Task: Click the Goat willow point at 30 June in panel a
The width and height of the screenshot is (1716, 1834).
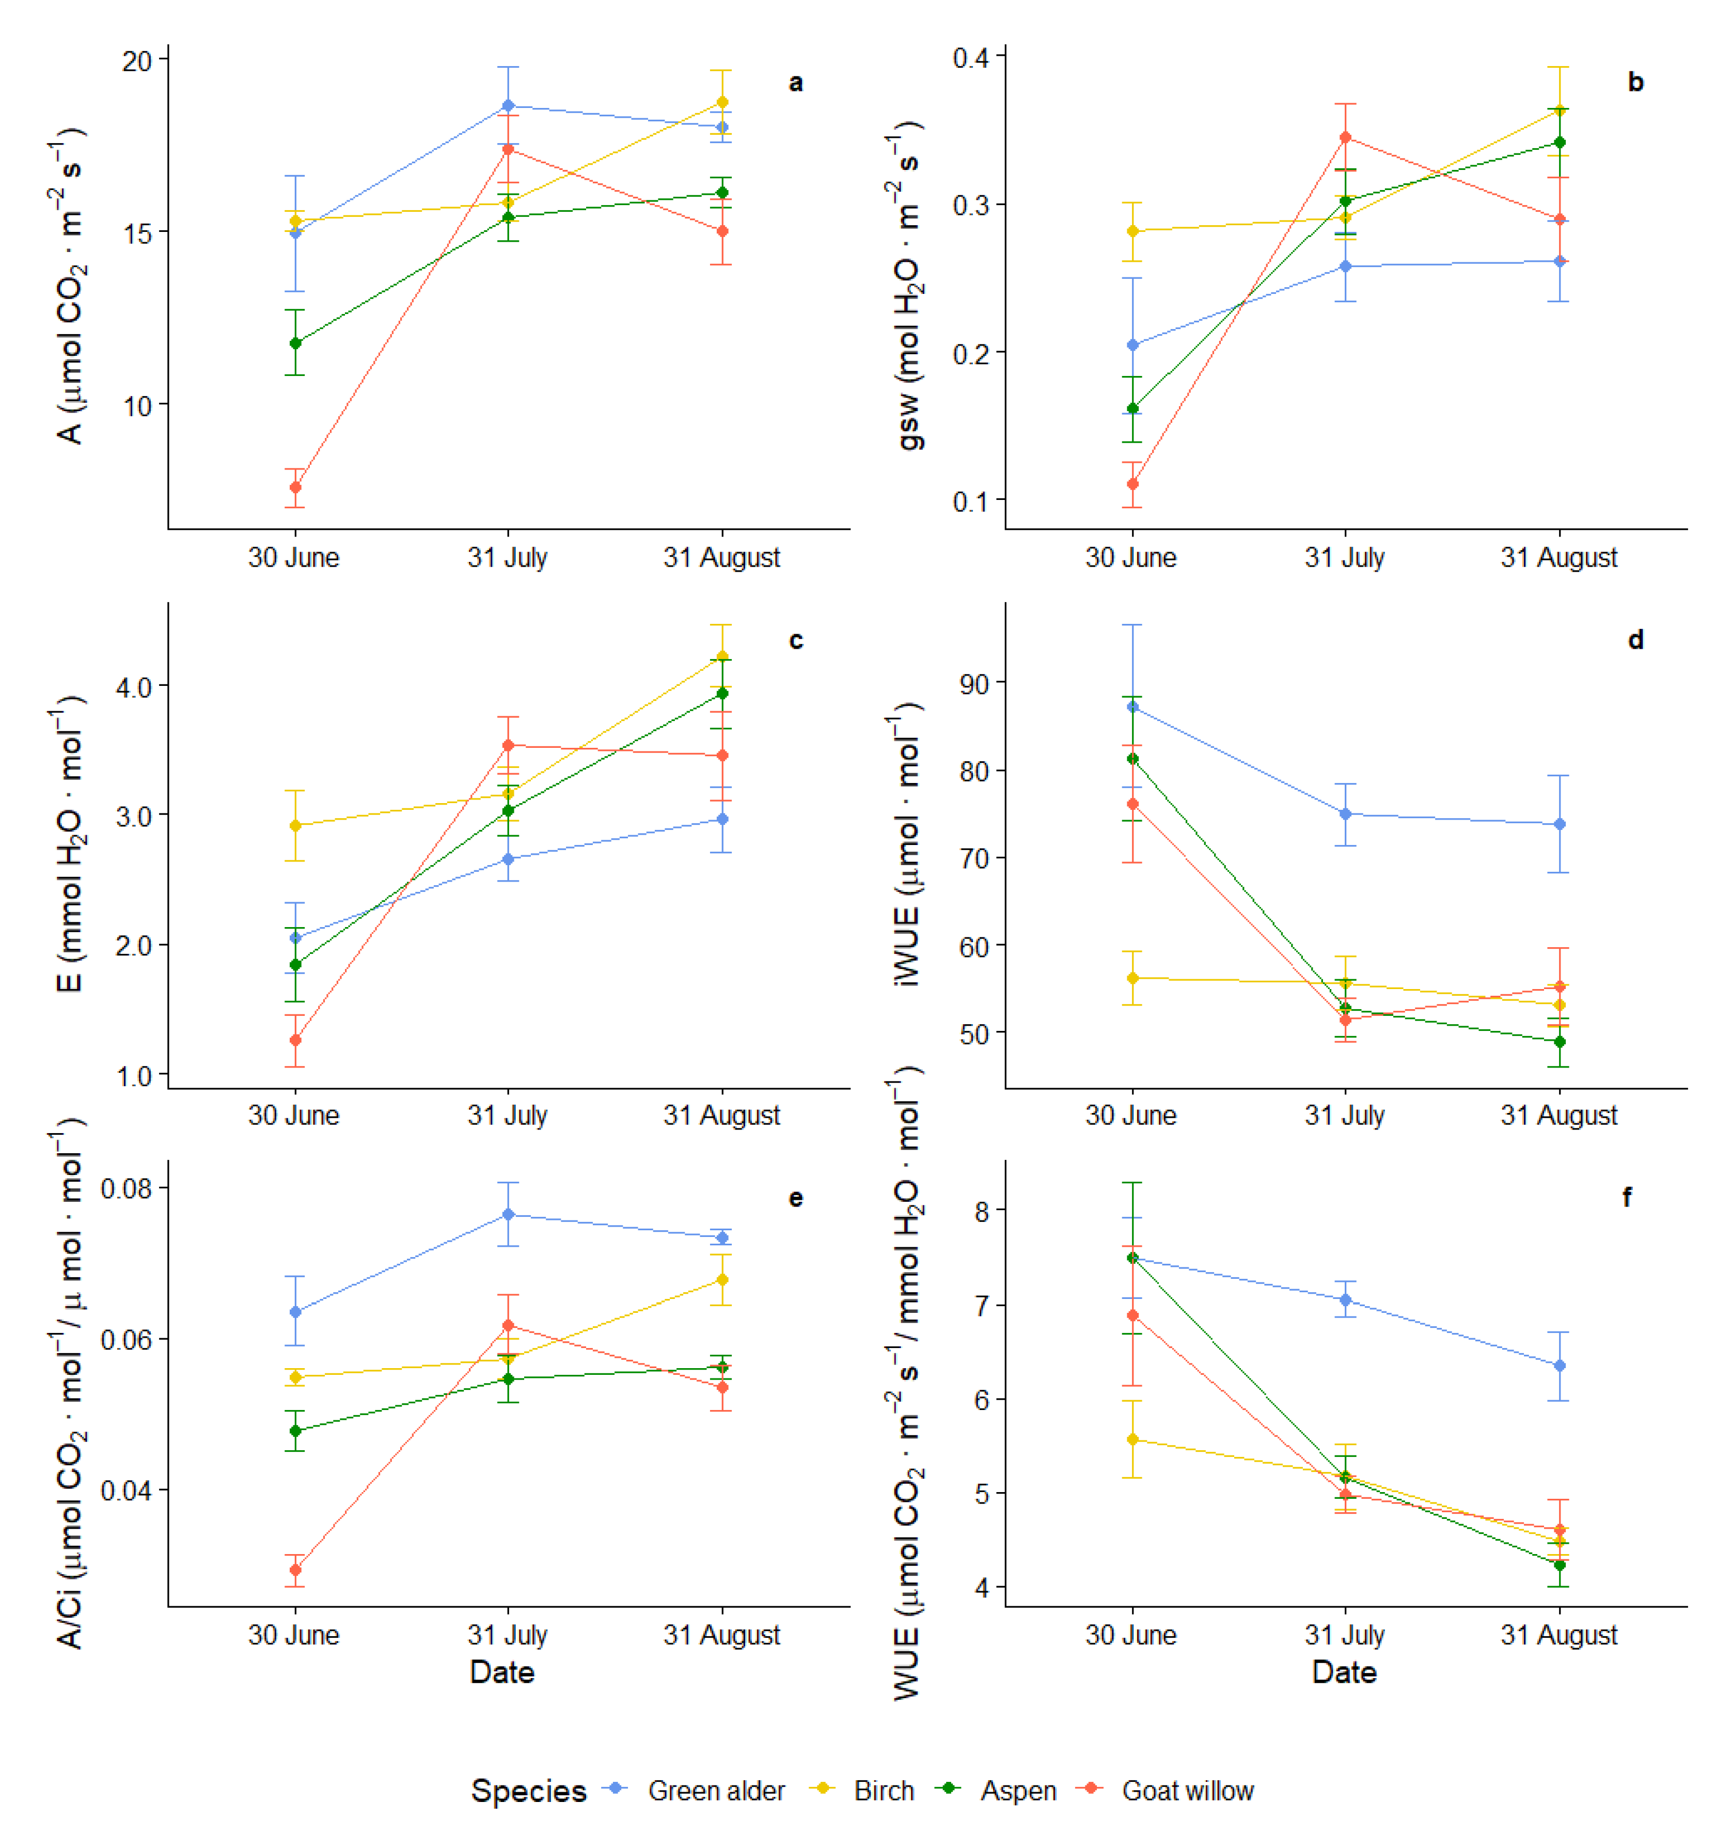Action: point(295,487)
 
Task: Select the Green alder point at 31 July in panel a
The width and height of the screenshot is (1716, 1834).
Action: point(508,105)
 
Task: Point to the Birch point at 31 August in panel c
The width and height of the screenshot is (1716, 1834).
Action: point(722,657)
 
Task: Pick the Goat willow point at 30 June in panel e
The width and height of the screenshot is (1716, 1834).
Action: point(295,1569)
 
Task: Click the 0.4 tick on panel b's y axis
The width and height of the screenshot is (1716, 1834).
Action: point(970,58)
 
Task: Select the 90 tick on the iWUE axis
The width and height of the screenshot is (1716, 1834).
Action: point(974,684)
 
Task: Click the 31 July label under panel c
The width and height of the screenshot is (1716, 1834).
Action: point(508,1116)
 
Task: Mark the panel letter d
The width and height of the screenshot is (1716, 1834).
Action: point(1636,640)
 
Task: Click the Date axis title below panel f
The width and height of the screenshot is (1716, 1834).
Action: point(1344,1672)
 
